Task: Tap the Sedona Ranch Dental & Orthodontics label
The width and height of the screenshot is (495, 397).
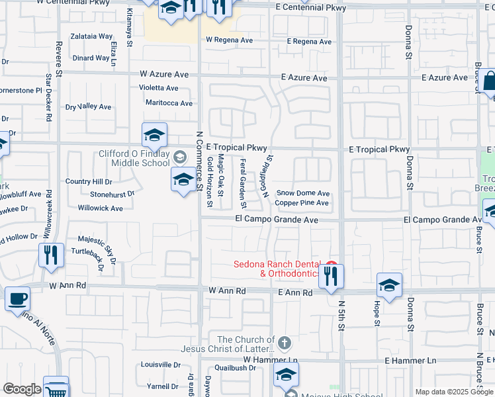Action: coord(277,269)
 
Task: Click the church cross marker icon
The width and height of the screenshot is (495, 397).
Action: coord(285,343)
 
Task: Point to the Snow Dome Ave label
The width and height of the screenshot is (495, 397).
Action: coord(302,193)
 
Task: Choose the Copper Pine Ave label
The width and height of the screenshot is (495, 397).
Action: coord(302,202)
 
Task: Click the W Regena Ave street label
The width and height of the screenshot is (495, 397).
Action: coord(229,40)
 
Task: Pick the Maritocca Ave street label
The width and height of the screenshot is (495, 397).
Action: coord(169,103)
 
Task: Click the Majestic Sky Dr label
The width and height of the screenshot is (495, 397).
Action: coord(97,239)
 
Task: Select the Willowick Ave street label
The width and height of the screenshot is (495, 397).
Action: coord(100,208)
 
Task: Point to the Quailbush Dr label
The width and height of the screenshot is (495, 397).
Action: coord(230,368)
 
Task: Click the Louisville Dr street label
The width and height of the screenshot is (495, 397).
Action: coord(161,365)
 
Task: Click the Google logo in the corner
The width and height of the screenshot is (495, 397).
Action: coord(22,389)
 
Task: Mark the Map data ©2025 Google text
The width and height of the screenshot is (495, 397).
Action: coord(454,392)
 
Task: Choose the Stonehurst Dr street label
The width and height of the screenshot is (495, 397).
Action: coord(112,195)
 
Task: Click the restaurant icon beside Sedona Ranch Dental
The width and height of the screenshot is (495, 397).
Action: coord(331,275)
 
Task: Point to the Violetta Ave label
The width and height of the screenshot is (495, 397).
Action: coord(158,88)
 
